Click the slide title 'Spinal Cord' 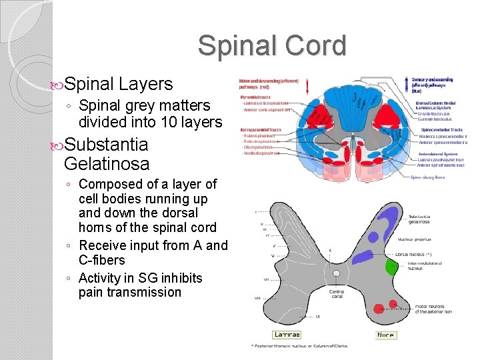[272, 46]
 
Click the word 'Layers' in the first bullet [145, 84]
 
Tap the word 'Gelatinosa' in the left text [107, 163]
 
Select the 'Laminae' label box [287, 335]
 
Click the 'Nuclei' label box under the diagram [385, 335]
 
